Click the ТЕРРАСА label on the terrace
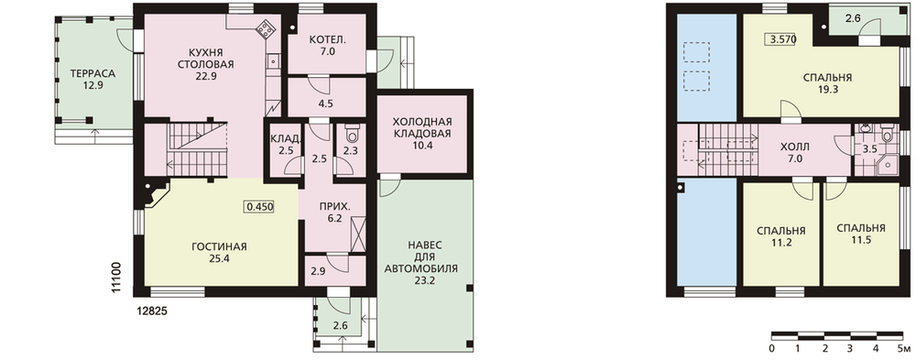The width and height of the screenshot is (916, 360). pos(93,73)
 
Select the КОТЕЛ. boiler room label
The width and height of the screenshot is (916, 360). pos(328,40)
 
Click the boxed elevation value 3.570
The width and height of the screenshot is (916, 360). pos(781,39)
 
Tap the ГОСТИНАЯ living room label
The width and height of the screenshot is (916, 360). pos(219,246)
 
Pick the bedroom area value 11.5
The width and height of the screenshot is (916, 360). pos(860,241)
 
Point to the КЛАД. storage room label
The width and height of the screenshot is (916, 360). pos(286,139)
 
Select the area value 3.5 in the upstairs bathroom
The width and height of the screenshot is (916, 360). pos(869,148)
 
